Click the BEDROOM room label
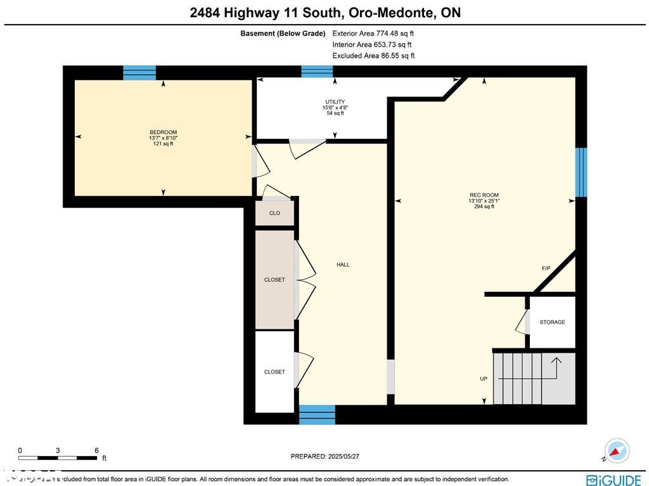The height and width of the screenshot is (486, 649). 164,133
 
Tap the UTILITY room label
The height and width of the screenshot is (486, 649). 335,102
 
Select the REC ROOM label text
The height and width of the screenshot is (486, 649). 479,195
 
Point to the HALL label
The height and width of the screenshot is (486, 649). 343,265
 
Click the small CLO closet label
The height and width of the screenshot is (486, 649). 274,213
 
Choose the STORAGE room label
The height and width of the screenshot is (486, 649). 552,322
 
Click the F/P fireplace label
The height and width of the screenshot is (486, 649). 546,269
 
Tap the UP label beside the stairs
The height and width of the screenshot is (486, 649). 484,379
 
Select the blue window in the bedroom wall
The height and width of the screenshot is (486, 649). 139,72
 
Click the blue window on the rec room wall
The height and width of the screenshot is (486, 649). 581,172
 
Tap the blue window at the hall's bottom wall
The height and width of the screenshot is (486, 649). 317,414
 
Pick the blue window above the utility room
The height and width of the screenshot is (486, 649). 317,71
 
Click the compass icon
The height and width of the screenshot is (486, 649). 617,450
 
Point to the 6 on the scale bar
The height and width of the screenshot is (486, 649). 96,450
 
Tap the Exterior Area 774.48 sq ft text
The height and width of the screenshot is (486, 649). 373,34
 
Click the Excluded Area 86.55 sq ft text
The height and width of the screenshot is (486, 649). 373,56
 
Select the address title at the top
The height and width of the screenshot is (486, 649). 325,13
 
